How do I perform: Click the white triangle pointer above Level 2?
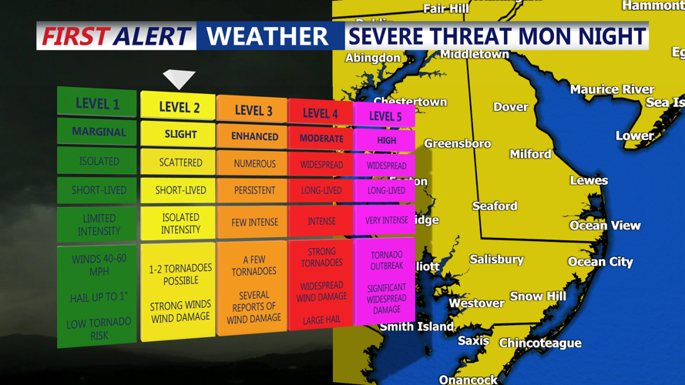pyautogui.click(x=179, y=79)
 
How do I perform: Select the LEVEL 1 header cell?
pyautogui.click(x=97, y=104)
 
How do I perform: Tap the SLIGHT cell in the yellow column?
pyautogui.click(x=180, y=134)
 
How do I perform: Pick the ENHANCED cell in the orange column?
pyautogui.click(x=254, y=136)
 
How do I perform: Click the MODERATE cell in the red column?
pyautogui.click(x=321, y=139)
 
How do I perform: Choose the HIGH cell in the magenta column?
pyautogui.click(x=386, y=140)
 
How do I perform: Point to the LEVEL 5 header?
pyautogui.click(x=385, y=116)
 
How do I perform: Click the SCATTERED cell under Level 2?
pyautogui.click(x=180, y=162)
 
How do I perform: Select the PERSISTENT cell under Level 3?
pyautogui.click(x=254, y=190)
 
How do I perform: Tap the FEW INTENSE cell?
pyautogui.click(x=254, y=223)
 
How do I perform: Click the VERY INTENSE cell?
pyautogui.click(x=386, y=220)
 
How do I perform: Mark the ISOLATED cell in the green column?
pyautogui.click(x=99, y=162)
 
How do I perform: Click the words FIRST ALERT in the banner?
pyautogui.click(x=116, y=36)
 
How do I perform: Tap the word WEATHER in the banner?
pyautogui.click(x=267, y=36)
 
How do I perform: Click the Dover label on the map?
pyautogui.click(x=510, y=107)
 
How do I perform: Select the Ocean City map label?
pyautogui.click(x=600, y=262)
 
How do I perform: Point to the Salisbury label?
pyautogui.click(x=496, y=259)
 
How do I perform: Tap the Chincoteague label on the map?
pyautogui.click(x=540, y=343)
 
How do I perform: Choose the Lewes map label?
pyautogui.click(x=589, y=180)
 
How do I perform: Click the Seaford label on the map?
pyautogui.click(x=495, y=206)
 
